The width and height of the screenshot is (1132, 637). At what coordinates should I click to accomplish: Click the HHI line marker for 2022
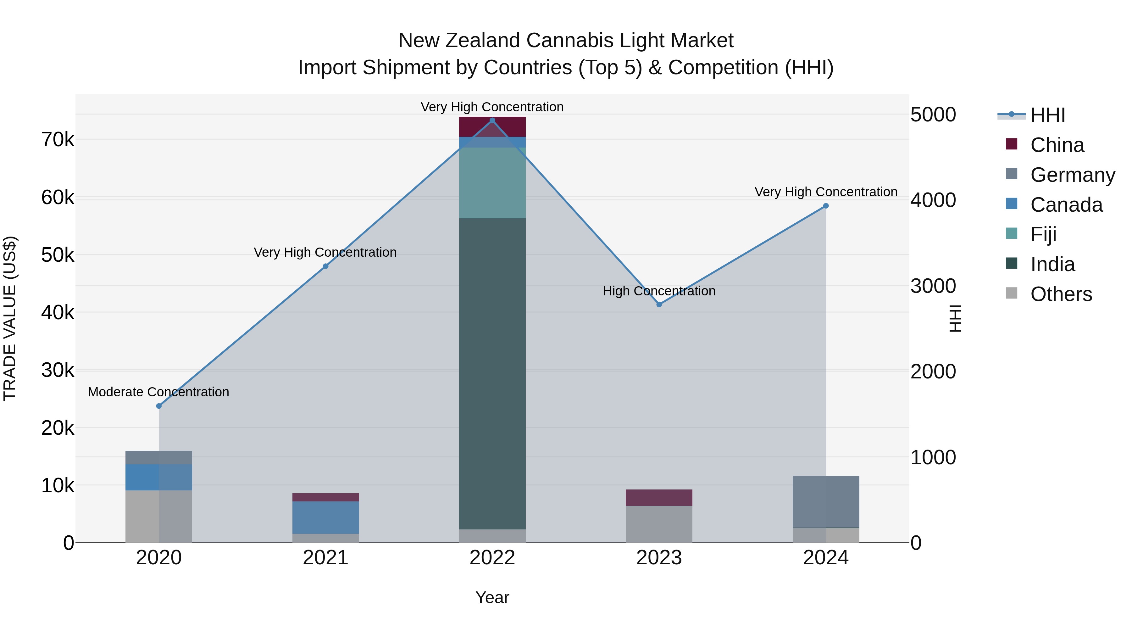tap(492, 120)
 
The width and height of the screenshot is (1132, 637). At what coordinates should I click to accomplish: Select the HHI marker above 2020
tap(159, 406)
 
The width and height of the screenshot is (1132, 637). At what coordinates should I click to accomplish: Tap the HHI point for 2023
tap(659, 304)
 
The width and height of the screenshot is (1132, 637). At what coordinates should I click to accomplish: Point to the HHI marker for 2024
tap(826, 206)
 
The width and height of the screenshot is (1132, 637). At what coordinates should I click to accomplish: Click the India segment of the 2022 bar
tap(492, 374)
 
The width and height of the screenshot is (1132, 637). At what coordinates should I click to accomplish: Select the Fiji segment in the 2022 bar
tap(492, 183)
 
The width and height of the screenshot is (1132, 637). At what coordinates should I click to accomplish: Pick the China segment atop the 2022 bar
tap(492, 126)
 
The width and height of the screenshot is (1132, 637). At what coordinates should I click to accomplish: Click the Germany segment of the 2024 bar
tap(826, 502)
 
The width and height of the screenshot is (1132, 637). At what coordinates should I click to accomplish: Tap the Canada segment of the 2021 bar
tap(326, 517)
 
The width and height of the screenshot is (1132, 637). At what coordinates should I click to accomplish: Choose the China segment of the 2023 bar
tap(659, 498)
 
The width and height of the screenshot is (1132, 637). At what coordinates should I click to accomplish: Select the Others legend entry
tap(1061, 294)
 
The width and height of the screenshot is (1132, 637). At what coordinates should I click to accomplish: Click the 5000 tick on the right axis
tap(933, 115)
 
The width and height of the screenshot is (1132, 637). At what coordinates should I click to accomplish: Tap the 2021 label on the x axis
tap(326, 558)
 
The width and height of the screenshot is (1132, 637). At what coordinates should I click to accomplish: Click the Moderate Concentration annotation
tap(159, 392)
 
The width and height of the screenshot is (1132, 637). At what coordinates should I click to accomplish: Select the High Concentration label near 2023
tap(659, 291)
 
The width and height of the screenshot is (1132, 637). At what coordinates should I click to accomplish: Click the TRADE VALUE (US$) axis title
tap(10, 318)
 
